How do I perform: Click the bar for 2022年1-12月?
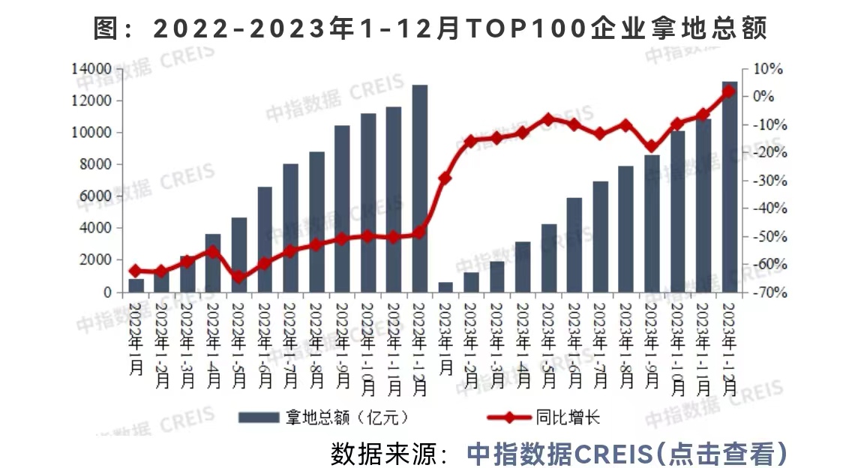[420, 187]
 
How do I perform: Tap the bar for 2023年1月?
[445, 287]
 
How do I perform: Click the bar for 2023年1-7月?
[600, 236]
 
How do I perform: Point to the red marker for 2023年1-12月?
[728, 91]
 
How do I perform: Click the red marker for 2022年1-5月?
[238, 277]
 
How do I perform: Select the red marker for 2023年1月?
[445, 178]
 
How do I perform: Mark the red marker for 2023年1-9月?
[652, 147]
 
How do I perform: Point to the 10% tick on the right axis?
[766, 69]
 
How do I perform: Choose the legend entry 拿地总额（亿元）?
[322, 417]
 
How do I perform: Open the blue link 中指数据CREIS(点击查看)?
[627, 452]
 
